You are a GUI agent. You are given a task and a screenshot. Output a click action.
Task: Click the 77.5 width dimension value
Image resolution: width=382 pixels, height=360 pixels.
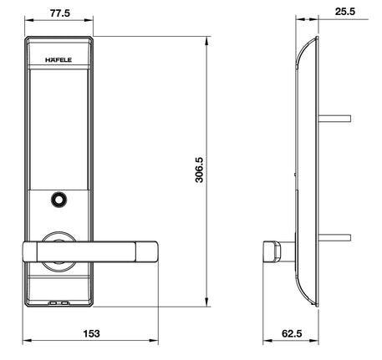58,14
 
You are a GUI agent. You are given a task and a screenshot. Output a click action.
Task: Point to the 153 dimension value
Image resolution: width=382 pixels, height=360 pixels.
91,333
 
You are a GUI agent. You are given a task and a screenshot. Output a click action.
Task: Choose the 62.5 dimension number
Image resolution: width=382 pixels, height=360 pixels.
291,333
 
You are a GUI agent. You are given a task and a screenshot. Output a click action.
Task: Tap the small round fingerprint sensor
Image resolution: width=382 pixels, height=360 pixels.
59,200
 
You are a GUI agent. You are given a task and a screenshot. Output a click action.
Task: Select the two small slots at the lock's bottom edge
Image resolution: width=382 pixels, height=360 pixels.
59,305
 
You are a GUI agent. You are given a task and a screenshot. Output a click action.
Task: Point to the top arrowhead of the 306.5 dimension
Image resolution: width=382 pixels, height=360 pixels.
207,40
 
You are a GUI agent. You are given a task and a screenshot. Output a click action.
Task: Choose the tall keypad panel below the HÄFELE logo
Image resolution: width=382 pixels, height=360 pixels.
59,125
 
